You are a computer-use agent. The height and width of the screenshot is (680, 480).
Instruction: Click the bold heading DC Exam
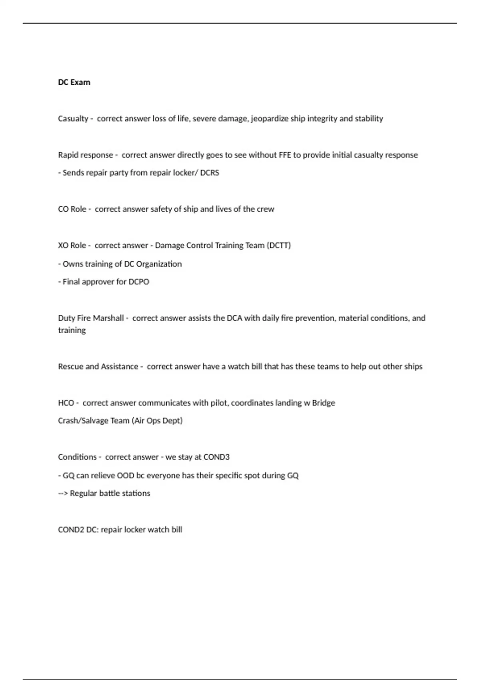point(74,82)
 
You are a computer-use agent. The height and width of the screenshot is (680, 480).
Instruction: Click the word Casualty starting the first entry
point(73,119)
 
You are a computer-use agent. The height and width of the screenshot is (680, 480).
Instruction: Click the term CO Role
point(72,209)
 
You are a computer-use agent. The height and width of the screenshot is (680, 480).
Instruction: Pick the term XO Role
point(72,246)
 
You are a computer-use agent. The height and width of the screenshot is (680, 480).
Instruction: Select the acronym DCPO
point(138,282)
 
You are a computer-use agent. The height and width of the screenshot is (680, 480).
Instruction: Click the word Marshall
point(108,318)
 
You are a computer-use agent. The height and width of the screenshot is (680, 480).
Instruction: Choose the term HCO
point(66,403)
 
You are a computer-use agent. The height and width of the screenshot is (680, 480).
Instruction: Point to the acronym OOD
point(126,476)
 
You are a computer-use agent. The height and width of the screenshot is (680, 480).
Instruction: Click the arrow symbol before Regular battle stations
point(63,494)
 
